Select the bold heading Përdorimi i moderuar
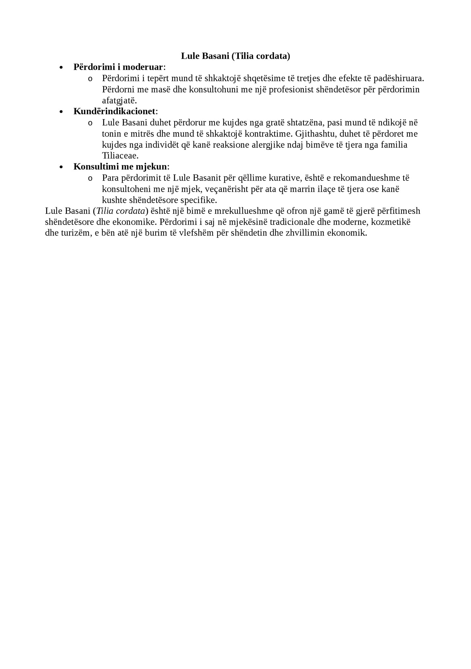coord(118,67)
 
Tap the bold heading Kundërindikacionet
coord(114,111)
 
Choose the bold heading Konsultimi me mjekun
coord(120,167)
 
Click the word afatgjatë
coord(119,101)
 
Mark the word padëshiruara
coord(398,79)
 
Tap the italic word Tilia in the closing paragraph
coord(105,211)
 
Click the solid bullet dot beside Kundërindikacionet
coord(61,112)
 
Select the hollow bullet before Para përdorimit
coord(90,178)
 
